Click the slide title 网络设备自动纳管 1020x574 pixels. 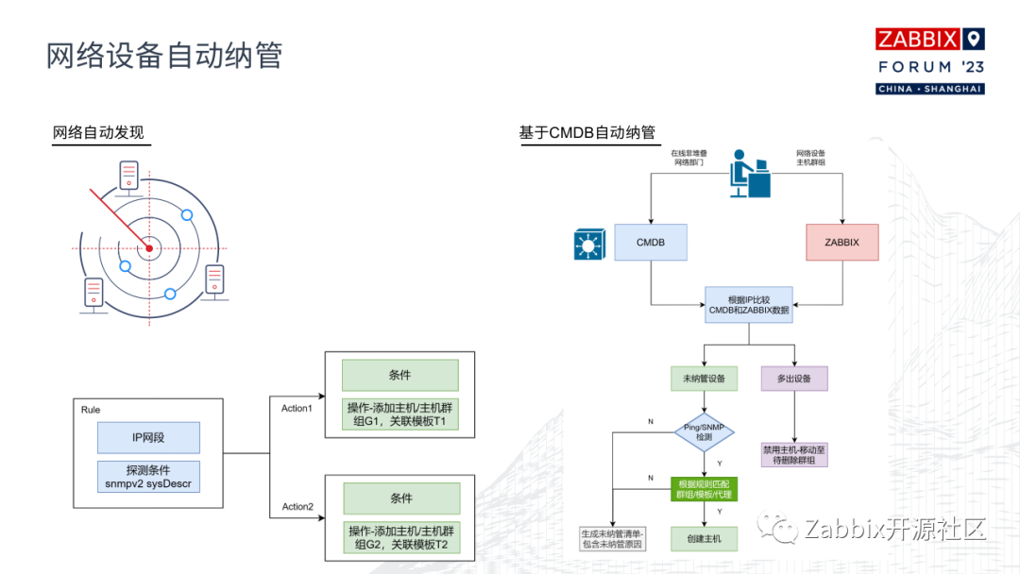pos(164,55)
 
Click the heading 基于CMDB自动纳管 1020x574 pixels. pos(586,132)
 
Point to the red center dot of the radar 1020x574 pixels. pos(148,249)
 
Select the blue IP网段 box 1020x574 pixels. pos(148,437)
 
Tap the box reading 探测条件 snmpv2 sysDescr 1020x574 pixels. pos(148,477)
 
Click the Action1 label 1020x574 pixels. pos(296,408)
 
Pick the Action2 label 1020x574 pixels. pos(297,507)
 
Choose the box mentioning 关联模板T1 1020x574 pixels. pos(400,414)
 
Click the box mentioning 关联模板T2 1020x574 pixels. pos(400,538)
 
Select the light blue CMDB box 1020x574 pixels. pos(650,243)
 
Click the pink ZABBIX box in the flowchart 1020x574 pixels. pos(841,243)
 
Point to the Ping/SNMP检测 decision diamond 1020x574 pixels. pos(703,433)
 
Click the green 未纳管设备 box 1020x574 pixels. pos(703,379)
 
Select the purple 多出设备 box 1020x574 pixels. pos(794,379)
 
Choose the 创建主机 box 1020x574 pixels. pos(703,538)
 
